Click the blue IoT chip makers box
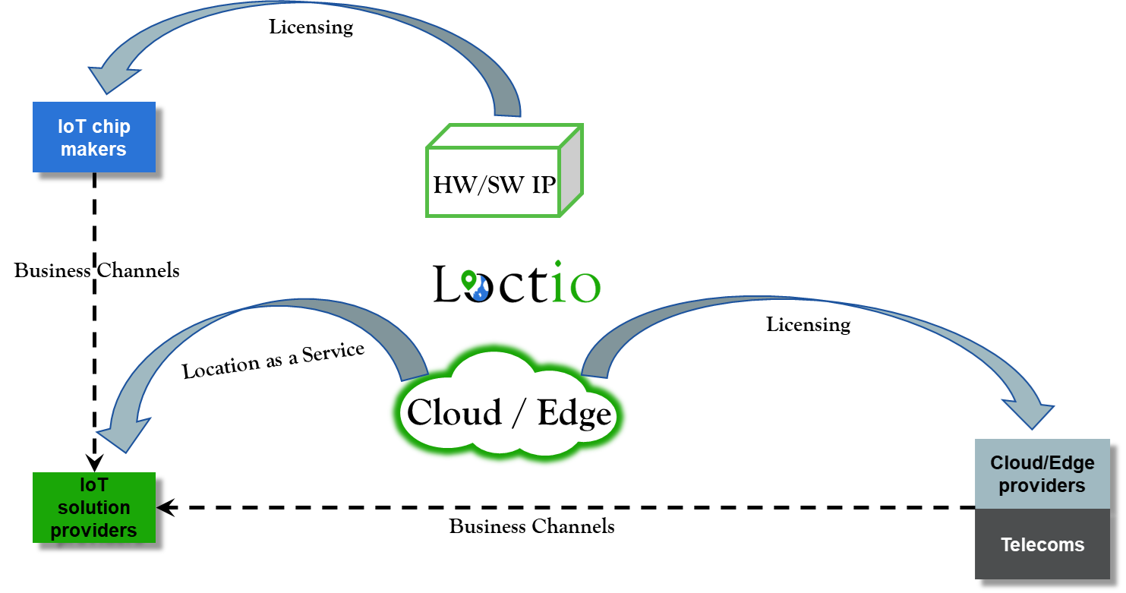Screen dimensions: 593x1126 click(94, 137)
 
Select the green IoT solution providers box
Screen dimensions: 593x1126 click(94, 507)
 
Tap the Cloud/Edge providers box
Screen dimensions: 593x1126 click(1042, 474)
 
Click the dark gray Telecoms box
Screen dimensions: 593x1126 click(1042, 544)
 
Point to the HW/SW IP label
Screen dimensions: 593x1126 click(494, 185)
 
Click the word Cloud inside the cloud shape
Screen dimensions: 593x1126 click(454, 413)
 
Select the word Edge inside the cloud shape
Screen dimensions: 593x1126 click(574, 413)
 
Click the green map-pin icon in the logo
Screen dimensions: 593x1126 click(468, 279)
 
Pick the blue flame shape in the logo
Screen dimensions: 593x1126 click(480, 292)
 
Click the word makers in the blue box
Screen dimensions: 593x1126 click(94, 149)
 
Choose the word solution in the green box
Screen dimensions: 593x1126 click(94, 507)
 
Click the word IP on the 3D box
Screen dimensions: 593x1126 click(544, 185)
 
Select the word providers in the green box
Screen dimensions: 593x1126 click(94, 529)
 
